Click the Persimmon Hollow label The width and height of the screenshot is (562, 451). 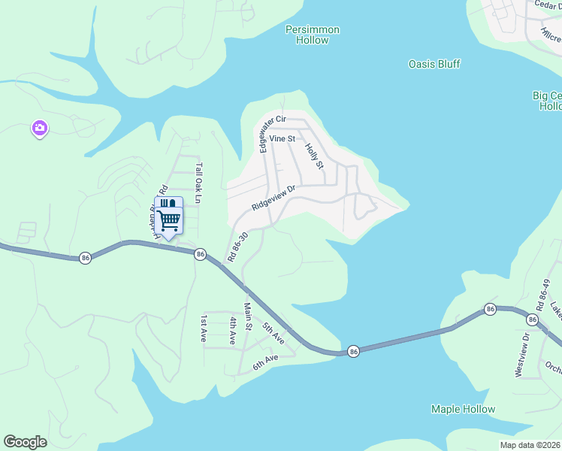[313, 35]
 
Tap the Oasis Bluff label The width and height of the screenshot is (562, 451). [434, 65]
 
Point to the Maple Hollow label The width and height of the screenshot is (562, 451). [463, 410]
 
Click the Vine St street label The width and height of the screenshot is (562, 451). [283, 139]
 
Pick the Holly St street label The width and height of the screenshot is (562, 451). [314, 155]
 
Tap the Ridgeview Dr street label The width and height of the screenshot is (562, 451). [276, 197]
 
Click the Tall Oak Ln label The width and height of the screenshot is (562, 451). [199, 183]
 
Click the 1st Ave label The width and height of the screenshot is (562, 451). [203, 328]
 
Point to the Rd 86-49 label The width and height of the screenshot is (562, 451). [543, 295]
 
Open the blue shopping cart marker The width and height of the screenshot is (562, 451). [169, 217]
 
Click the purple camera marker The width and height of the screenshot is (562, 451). [39, 129]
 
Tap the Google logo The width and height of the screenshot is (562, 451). [25, 442]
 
